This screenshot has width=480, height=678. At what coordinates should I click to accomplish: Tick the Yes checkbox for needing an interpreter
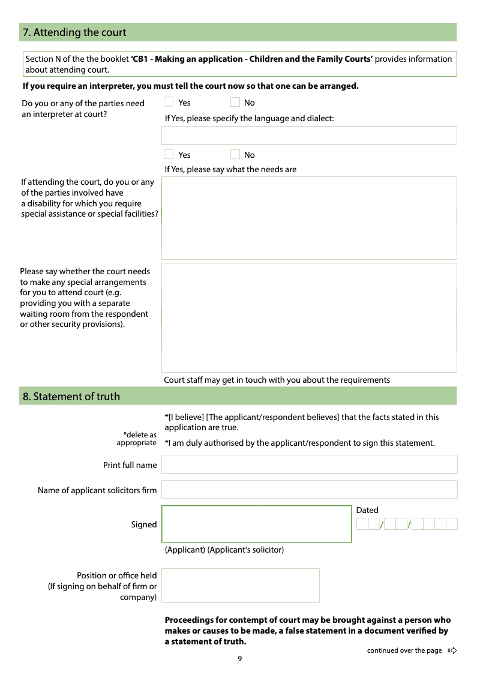tap(169, 102)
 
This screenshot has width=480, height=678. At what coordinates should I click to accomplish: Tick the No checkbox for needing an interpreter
tap(235, 102)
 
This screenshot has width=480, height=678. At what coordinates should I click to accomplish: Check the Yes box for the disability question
tap(169, 154)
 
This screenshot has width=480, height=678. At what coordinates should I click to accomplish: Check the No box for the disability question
tap(235, 154)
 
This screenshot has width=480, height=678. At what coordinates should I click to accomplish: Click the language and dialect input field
tap(309, 135)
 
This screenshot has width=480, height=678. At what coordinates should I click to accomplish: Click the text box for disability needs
tap(309, 218)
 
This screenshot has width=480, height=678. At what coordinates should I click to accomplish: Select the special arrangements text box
tap(309, 317)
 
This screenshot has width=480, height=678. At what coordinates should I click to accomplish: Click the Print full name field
tap(309, 464)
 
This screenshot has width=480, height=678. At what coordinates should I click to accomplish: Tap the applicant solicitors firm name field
tap(309, 490)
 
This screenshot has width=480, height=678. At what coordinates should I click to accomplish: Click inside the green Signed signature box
tap(256, 524)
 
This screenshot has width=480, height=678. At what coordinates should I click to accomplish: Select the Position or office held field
tap(240, 586)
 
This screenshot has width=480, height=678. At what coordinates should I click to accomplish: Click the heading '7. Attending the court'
tap(74, 32)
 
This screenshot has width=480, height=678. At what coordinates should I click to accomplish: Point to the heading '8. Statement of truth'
tap(71, 397)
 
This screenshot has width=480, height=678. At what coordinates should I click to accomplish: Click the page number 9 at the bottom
tap(240, 659)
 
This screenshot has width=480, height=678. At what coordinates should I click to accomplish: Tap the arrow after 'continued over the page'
tap(452, 650)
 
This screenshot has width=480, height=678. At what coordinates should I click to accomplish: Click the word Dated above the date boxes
tap(367, 510)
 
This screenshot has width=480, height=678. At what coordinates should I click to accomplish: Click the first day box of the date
tap(362, 524)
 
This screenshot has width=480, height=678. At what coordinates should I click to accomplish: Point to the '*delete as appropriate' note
tap(137, 439)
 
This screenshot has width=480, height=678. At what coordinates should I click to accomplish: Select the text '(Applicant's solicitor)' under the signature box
tap(245, 550)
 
